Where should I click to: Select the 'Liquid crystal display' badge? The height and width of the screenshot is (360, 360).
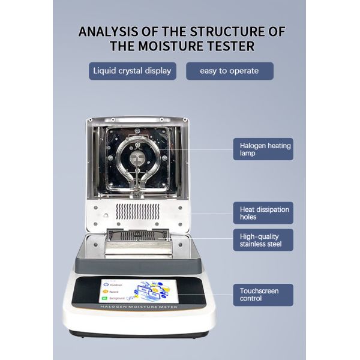click(x=132, y=71)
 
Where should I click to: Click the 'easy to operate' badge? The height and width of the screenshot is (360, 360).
click(x=230, y=71)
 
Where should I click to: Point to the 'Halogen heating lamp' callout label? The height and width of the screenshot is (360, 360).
click(x=263, y=149)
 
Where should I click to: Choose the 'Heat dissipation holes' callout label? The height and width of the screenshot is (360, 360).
click(x=263, y=213)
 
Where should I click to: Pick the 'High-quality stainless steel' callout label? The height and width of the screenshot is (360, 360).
click(x=263, y=240)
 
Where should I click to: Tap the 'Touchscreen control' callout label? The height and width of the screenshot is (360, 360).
click(x=263, y=295)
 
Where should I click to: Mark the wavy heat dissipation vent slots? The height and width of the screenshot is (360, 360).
click(x=138, y=211)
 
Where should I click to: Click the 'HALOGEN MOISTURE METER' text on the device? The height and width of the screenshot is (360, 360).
click(x=138, y=307)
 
